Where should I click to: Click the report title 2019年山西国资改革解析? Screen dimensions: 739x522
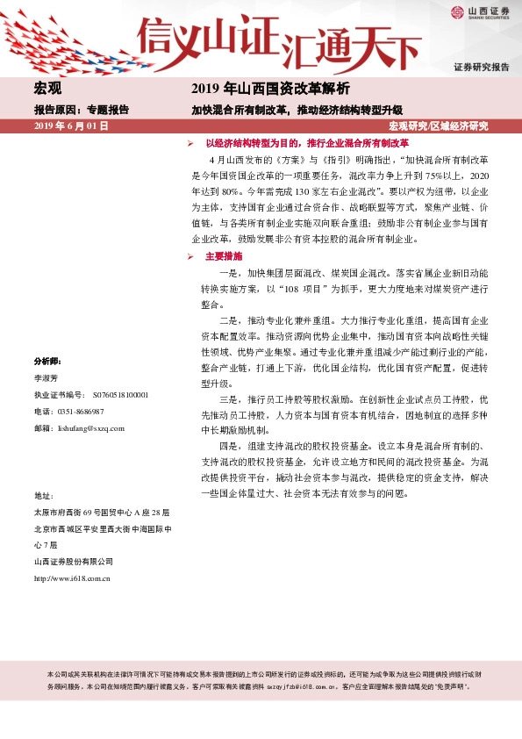point(270,89)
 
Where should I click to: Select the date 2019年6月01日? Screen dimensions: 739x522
point(71,127)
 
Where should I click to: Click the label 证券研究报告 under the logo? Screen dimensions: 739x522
point(481,67)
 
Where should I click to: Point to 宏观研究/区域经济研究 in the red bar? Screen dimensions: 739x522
point(438,127)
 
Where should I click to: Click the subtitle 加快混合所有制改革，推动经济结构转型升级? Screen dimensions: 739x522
point(297,111)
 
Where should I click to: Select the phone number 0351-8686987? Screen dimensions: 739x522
point(80,412)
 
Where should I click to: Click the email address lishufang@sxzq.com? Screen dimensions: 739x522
point(90,428)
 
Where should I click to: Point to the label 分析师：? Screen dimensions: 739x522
point(47,361)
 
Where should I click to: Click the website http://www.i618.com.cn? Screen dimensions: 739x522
point(71,578)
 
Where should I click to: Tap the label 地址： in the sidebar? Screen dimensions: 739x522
point(44,496)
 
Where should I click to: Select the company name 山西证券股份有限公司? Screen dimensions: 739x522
point(73,562)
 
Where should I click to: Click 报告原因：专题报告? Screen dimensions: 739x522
point(81,111)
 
